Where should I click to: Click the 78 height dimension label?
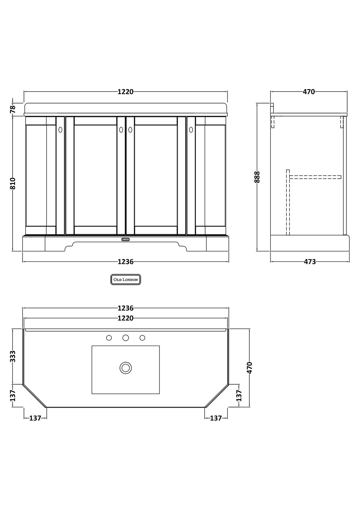point(13,109)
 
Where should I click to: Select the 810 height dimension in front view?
point(13,183)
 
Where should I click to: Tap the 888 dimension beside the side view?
point(257,177)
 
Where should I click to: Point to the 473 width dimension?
point(310,262)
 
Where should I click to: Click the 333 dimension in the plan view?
point(13,356)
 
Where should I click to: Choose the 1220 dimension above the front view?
point(125,92)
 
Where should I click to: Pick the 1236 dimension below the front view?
point(125,262)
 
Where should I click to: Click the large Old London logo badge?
point(126,280)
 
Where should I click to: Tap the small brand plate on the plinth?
point(125,239)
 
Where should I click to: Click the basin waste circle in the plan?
point(126,368)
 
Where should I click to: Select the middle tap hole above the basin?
point(126,338)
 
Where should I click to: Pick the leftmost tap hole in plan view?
point(109,338)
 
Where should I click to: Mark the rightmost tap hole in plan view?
point(142,338)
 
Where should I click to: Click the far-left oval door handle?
point(60,130)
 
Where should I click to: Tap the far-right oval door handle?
point(191,130)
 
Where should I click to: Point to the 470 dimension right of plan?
point(250,368)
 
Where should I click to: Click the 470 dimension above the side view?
point(309,92)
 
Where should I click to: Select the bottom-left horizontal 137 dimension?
point(35,418)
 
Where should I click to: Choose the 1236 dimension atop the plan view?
point(125,308)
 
